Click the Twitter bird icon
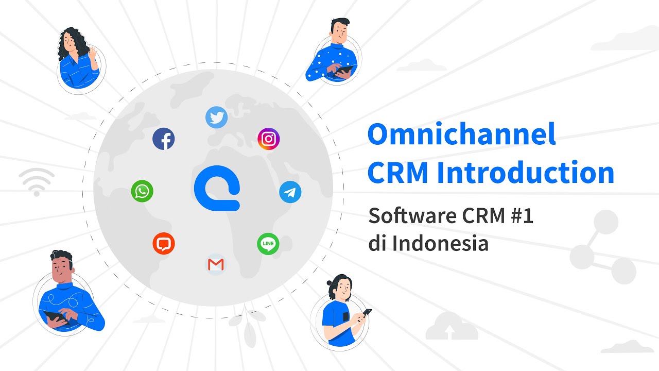coord(216,117)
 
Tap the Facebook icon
coord(164,139)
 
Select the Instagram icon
coord(268,139)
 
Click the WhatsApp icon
coord(142,191)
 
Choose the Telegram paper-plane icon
coord(290,192)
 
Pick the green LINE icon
coord(268,243)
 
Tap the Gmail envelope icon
coord(216,265)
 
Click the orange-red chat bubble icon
coord(164,243)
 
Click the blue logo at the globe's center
coord(217,188)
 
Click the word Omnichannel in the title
coord(462,134)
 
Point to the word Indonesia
coord(440,243)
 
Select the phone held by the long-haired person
coord(367,312)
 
